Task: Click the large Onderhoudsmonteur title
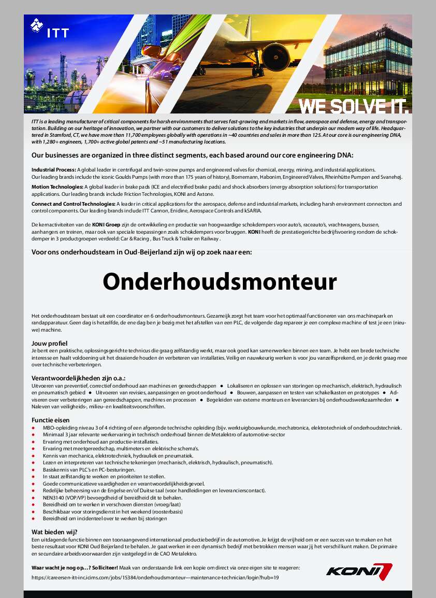coord(220,282)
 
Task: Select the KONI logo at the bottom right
coord(359,570)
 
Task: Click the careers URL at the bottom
coord(155,577)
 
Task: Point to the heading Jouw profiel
coord(50,344)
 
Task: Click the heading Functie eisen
coord(50,420)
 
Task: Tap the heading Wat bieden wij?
coord(54,532)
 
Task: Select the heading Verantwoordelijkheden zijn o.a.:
coord(79,378)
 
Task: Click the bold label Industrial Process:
coord(54,170)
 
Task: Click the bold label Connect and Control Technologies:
coord(74,204)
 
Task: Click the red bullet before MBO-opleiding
coord(34,428)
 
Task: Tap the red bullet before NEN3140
coord(34,497)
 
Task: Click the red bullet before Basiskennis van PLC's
coord(34,469)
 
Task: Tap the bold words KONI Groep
coord(106,224)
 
